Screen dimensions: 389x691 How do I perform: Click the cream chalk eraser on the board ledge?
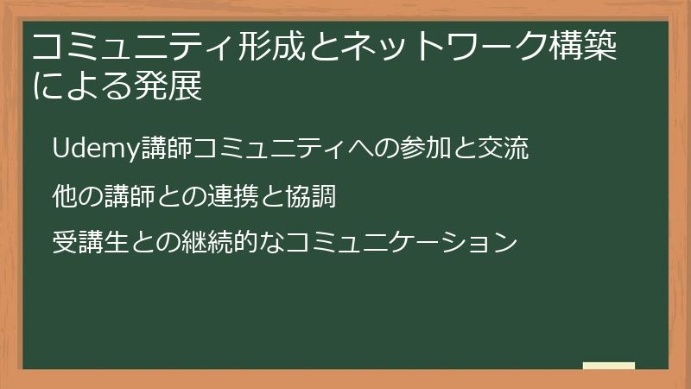(609, 366)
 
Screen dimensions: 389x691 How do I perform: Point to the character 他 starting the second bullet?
(65, 197)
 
